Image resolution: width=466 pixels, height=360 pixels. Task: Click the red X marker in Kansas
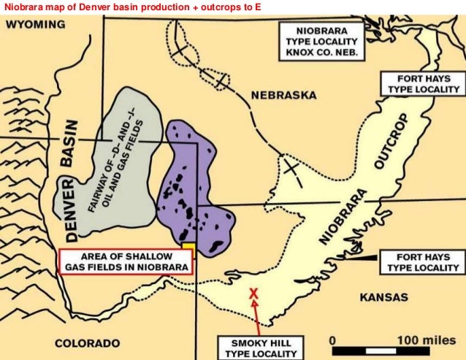[253, 294]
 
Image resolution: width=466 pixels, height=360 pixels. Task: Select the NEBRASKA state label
[283, 96]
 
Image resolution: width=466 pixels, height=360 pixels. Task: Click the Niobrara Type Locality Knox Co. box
[322, 42]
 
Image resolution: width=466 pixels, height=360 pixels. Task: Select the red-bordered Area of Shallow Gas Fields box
[125, 261]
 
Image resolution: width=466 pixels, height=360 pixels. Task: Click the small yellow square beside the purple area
[188, 248]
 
